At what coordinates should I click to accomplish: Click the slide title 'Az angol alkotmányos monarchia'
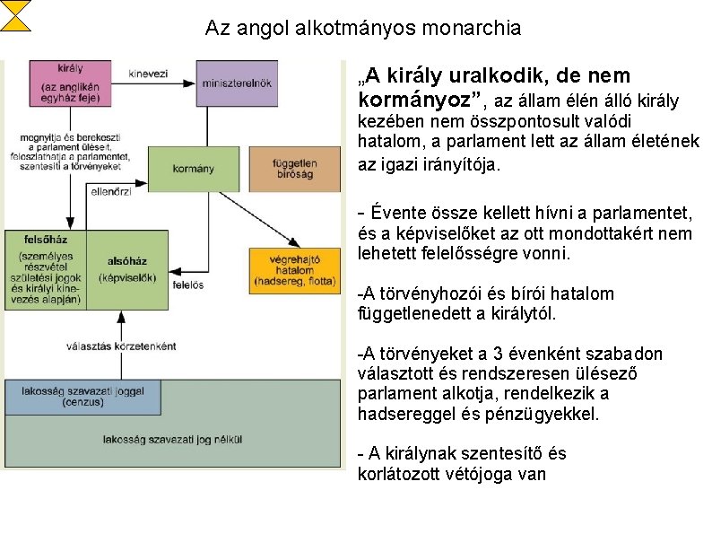point(362,28)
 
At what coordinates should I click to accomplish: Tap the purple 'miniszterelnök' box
point(237,83)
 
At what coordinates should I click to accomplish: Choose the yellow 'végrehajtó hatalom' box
point(295,270)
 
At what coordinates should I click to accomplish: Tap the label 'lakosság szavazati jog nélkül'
point(172,440)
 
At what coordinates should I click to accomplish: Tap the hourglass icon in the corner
point(15,15)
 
